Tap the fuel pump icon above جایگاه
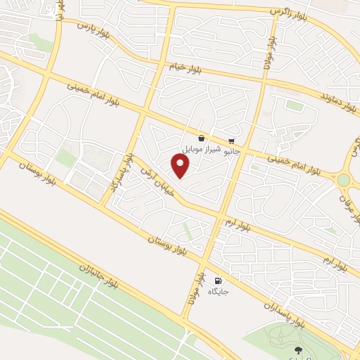(x=217, y=281)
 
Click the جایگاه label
(x=217, y=291)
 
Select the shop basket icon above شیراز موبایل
(x=202, y=139)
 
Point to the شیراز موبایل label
(x=202, y=150)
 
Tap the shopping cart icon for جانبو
(x=231, y=140)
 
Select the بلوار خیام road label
(x=184, y=67)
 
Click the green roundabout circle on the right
(x=343, y=181)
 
